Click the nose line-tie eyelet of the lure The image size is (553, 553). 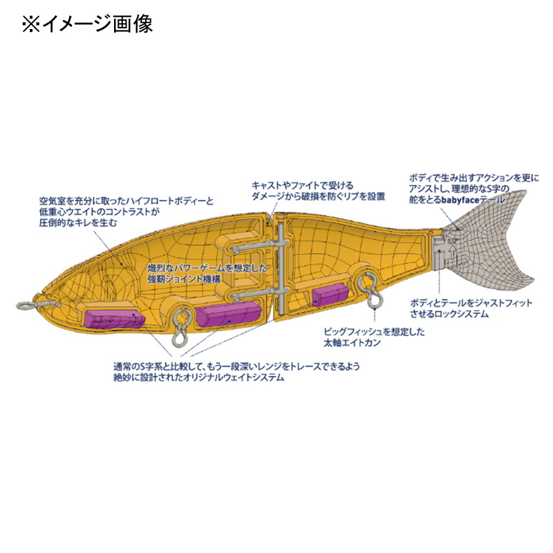click(x=22, y=306)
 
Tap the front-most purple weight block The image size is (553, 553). click(x=115, y=319)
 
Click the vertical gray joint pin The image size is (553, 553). click(x=281, y=268)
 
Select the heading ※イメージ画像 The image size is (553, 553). click(x=88, y=24)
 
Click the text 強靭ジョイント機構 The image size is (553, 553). click(x=184, y=279)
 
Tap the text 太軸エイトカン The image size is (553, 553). click(x=353, y=342)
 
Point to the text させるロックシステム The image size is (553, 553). click(x=449, y=314)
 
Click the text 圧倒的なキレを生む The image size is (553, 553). click(x=77, y=223)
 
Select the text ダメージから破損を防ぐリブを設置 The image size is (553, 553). click(x=318, y=196)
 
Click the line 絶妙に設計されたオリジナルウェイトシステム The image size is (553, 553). click(x=199, y=377)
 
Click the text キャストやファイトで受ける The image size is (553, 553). click(x=302, y=185)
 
